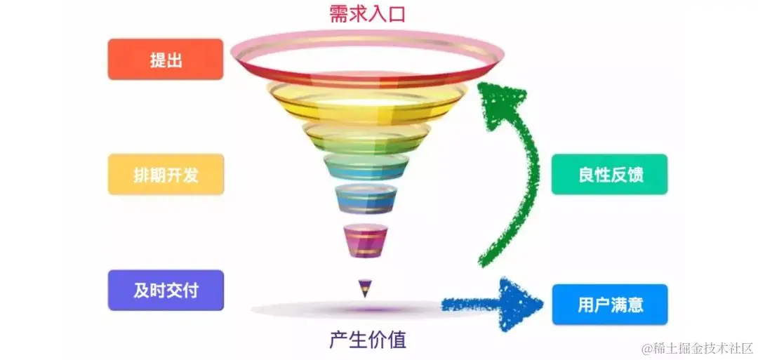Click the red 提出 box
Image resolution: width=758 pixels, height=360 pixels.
coord(166,60)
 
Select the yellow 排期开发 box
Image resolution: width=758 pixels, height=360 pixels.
coord(166,174)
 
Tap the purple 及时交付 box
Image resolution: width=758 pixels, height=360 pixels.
coord(166,290)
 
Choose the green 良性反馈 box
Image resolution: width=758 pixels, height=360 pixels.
coord(609,174)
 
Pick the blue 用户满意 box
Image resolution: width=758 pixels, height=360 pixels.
coord(609,304)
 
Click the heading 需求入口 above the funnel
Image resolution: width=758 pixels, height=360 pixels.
coord(367,14)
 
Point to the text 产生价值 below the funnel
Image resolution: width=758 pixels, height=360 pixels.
coord(367,340)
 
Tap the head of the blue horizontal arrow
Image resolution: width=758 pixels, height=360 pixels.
coord(523,303)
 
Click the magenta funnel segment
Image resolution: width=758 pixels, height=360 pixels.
coord(365,240)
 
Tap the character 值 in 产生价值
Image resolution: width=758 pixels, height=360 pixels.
coord(397,340)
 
